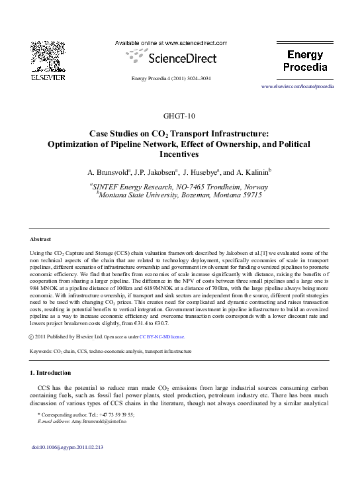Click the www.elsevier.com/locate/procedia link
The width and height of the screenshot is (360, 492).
(298, 86)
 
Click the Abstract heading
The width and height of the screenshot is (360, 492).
(41, 238)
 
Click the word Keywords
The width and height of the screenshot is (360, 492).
(42, 351)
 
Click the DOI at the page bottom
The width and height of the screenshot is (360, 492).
(69, 466)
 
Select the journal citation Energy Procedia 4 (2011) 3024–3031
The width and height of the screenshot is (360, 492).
(171, 79)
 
